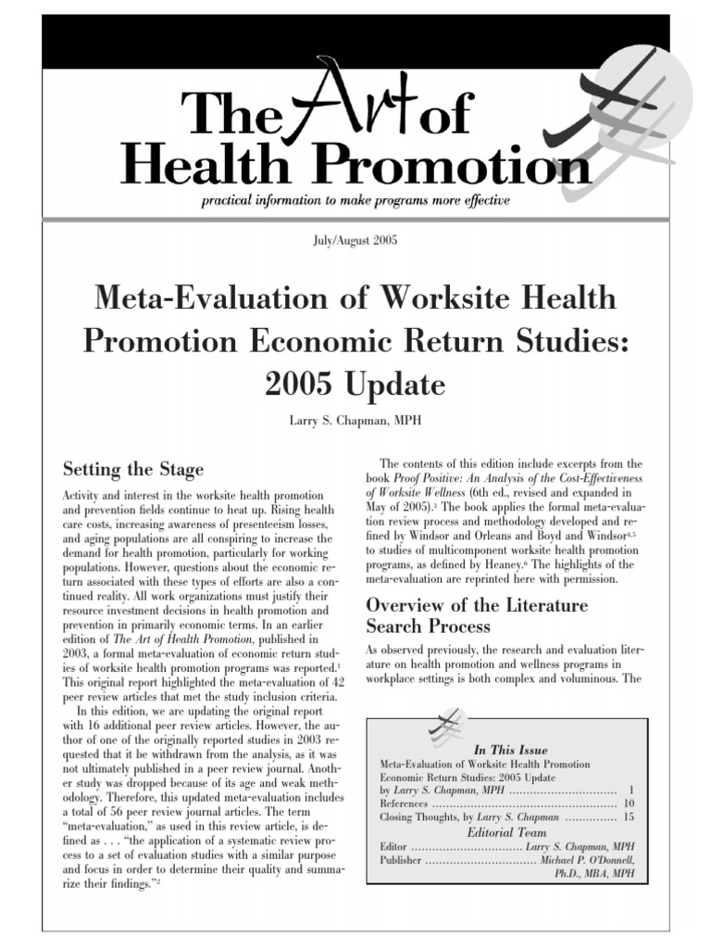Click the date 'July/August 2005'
355,241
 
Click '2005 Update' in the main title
355,383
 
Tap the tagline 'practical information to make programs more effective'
355,200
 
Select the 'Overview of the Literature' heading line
477,605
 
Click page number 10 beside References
630,803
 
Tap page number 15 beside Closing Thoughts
630,817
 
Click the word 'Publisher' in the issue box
401,860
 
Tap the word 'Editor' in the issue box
394,846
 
